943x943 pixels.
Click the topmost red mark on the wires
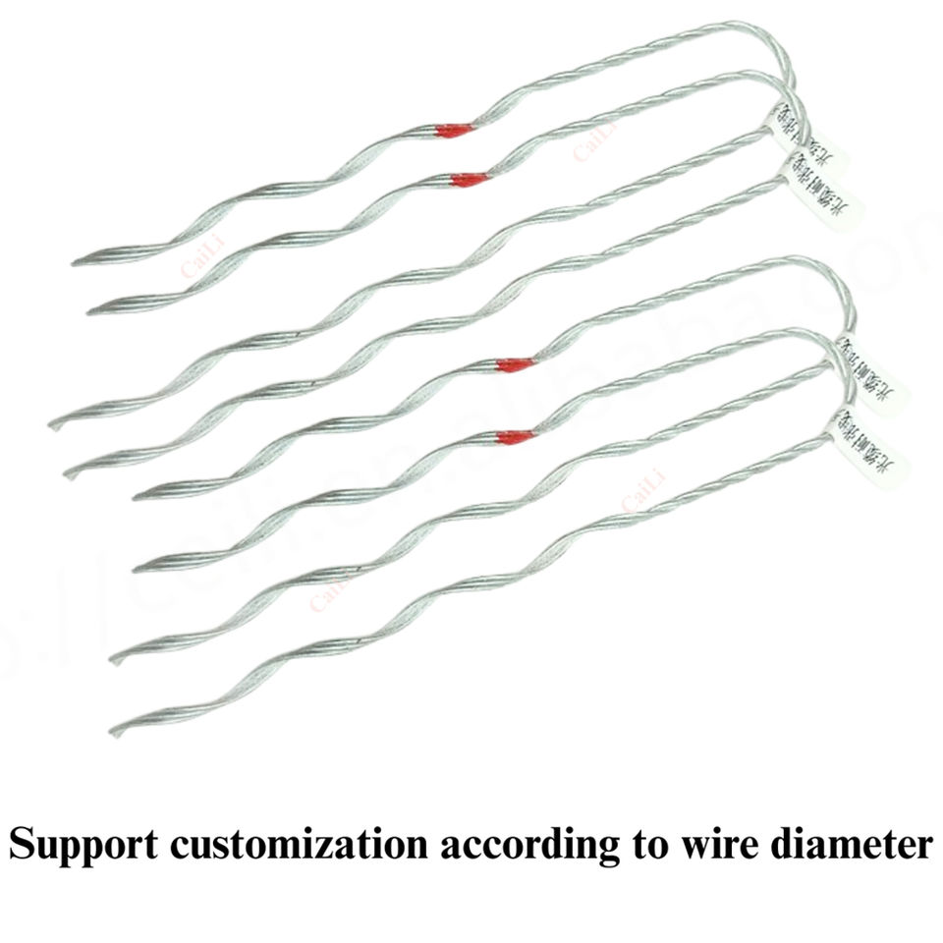(x=454, y=130)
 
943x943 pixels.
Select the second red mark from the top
(x=470, y=180)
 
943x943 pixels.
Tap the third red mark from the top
(x=515, y=364)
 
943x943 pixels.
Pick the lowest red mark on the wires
(x=515, y=437)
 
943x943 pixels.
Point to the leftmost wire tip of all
(x=52, y=423)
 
